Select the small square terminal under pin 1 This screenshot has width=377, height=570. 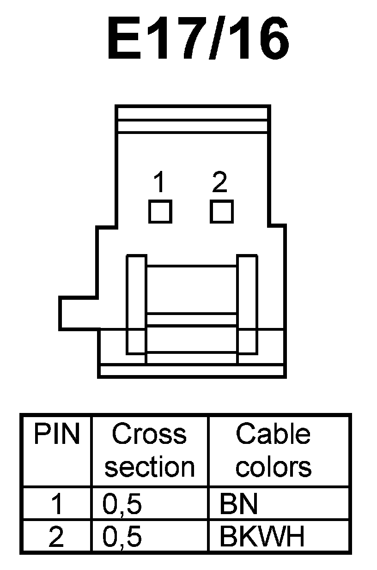160,212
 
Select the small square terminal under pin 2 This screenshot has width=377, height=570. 222,212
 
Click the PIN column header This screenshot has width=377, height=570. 56,435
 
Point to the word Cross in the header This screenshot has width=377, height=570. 150,435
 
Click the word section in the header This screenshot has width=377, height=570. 150,467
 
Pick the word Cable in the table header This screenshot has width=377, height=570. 273,435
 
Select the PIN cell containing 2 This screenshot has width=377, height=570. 56,538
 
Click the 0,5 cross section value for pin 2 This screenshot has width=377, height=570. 122,538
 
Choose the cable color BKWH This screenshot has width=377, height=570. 262,538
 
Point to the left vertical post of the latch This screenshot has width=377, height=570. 136,305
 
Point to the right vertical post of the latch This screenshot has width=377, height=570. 247,305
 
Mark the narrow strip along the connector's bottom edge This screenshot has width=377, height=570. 192,370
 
